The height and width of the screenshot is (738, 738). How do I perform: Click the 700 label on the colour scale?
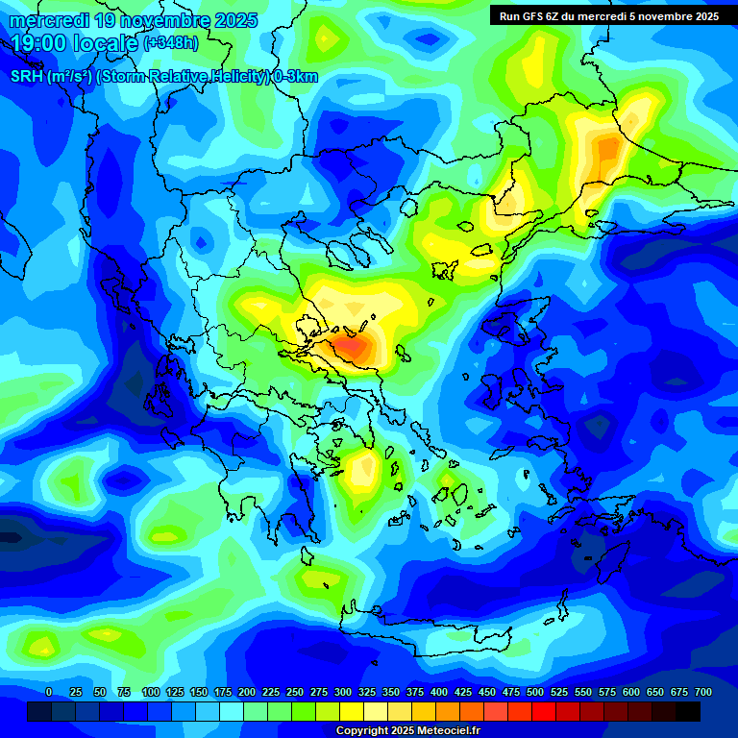702,692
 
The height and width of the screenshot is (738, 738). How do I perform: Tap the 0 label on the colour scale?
49,692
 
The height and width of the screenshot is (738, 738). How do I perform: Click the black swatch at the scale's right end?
688,712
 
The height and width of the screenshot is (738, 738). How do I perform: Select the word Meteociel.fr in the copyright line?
449,731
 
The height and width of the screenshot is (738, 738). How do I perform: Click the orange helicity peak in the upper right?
607,149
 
